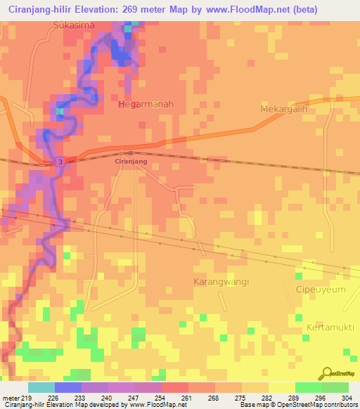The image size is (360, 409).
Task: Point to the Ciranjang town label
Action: coord(130,161)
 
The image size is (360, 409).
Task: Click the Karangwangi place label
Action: coord(221,281)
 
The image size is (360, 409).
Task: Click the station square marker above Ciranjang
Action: coord(130,151)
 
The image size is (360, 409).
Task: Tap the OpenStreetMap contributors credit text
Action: coord(316,405)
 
